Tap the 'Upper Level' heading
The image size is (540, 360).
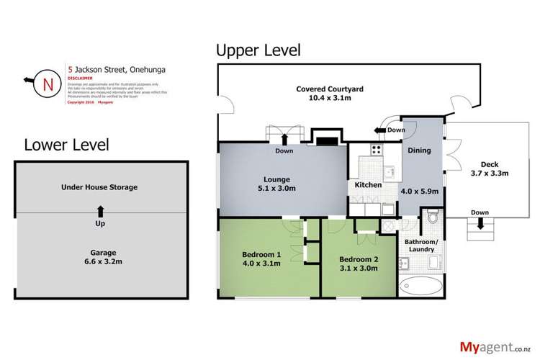click(x=258, y=50)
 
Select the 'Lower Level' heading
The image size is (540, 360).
click(x=66, y=145)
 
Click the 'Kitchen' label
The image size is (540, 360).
click(x=367, y=185)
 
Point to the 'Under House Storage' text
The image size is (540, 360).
click(x=99, y=187)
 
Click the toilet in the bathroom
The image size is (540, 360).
click(x=432, y=216)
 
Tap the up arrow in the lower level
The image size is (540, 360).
click(x=99, y=210)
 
